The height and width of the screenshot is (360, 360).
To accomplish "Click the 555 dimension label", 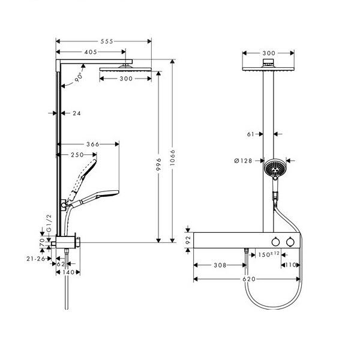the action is click(107, 41).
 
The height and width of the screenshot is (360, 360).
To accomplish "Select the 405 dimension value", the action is click(91, 52).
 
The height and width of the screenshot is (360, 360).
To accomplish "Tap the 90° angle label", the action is click(79, 77).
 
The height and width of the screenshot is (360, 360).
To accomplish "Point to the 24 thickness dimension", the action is click(77, 113).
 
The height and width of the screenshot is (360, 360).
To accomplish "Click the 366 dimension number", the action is click(93, 144).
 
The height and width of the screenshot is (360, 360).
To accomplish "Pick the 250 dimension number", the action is click(77, 155).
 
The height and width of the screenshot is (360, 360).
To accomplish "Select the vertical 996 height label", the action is click(158, 164).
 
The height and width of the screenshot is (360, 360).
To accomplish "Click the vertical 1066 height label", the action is click(173, 158).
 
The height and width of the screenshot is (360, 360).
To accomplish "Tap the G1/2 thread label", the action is click(49, 223).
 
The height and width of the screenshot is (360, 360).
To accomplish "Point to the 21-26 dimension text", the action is click(36, 259).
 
